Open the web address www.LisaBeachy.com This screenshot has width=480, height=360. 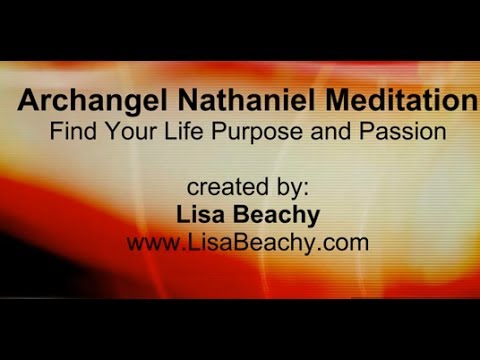tap(241, 242)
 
